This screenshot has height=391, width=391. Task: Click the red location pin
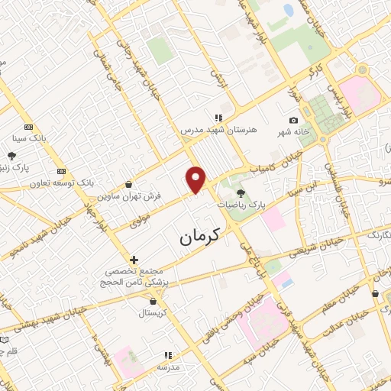196,179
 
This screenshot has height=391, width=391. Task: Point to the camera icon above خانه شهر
293,120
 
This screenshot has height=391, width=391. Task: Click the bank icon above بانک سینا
29,128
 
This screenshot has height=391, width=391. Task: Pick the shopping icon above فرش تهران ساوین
128,184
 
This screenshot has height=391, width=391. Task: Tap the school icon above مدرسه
168,355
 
